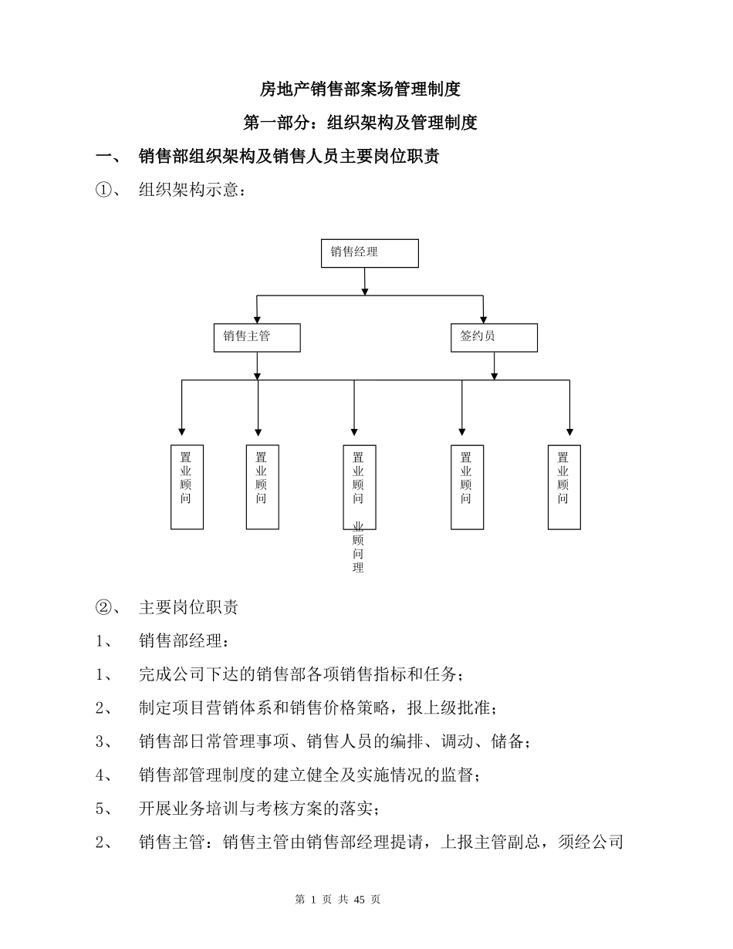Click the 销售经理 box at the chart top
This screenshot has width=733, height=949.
pos(370,253)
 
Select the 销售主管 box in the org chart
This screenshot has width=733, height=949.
pos(257,337)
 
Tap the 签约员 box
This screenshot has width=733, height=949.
pos(494,337)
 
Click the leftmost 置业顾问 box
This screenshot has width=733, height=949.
pos(187,487)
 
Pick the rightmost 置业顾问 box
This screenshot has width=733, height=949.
pos(564,487)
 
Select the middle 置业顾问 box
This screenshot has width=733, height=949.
pos(359,487)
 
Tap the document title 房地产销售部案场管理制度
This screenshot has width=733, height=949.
pos(360,89)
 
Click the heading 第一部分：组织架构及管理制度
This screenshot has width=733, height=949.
pos(360,123)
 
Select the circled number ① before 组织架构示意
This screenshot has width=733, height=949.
pos(103,190)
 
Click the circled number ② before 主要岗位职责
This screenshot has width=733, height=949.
pos(103,607)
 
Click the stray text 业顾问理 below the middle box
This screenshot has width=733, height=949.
pos(358,547)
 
